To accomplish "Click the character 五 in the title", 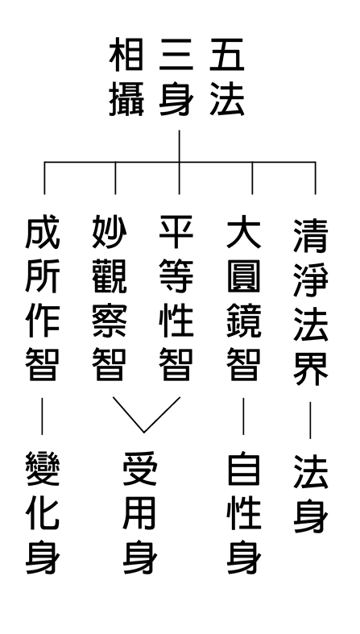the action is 226,55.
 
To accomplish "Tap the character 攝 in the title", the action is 126,99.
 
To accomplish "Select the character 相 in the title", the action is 126,55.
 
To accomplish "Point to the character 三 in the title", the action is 176,55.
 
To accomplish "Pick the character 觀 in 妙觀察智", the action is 110,276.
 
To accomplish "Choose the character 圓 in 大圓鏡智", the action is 244,276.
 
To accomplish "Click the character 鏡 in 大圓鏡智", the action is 244,321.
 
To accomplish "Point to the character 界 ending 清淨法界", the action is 311,369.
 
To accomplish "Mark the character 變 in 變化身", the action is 43,469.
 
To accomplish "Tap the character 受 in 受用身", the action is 140,469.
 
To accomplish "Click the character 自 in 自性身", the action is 244,469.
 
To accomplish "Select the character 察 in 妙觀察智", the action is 110,321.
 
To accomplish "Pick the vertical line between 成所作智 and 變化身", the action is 42,416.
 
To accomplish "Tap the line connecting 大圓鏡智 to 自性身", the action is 243,416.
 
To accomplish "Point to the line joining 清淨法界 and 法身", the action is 310,420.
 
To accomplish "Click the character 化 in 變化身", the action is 43,513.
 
